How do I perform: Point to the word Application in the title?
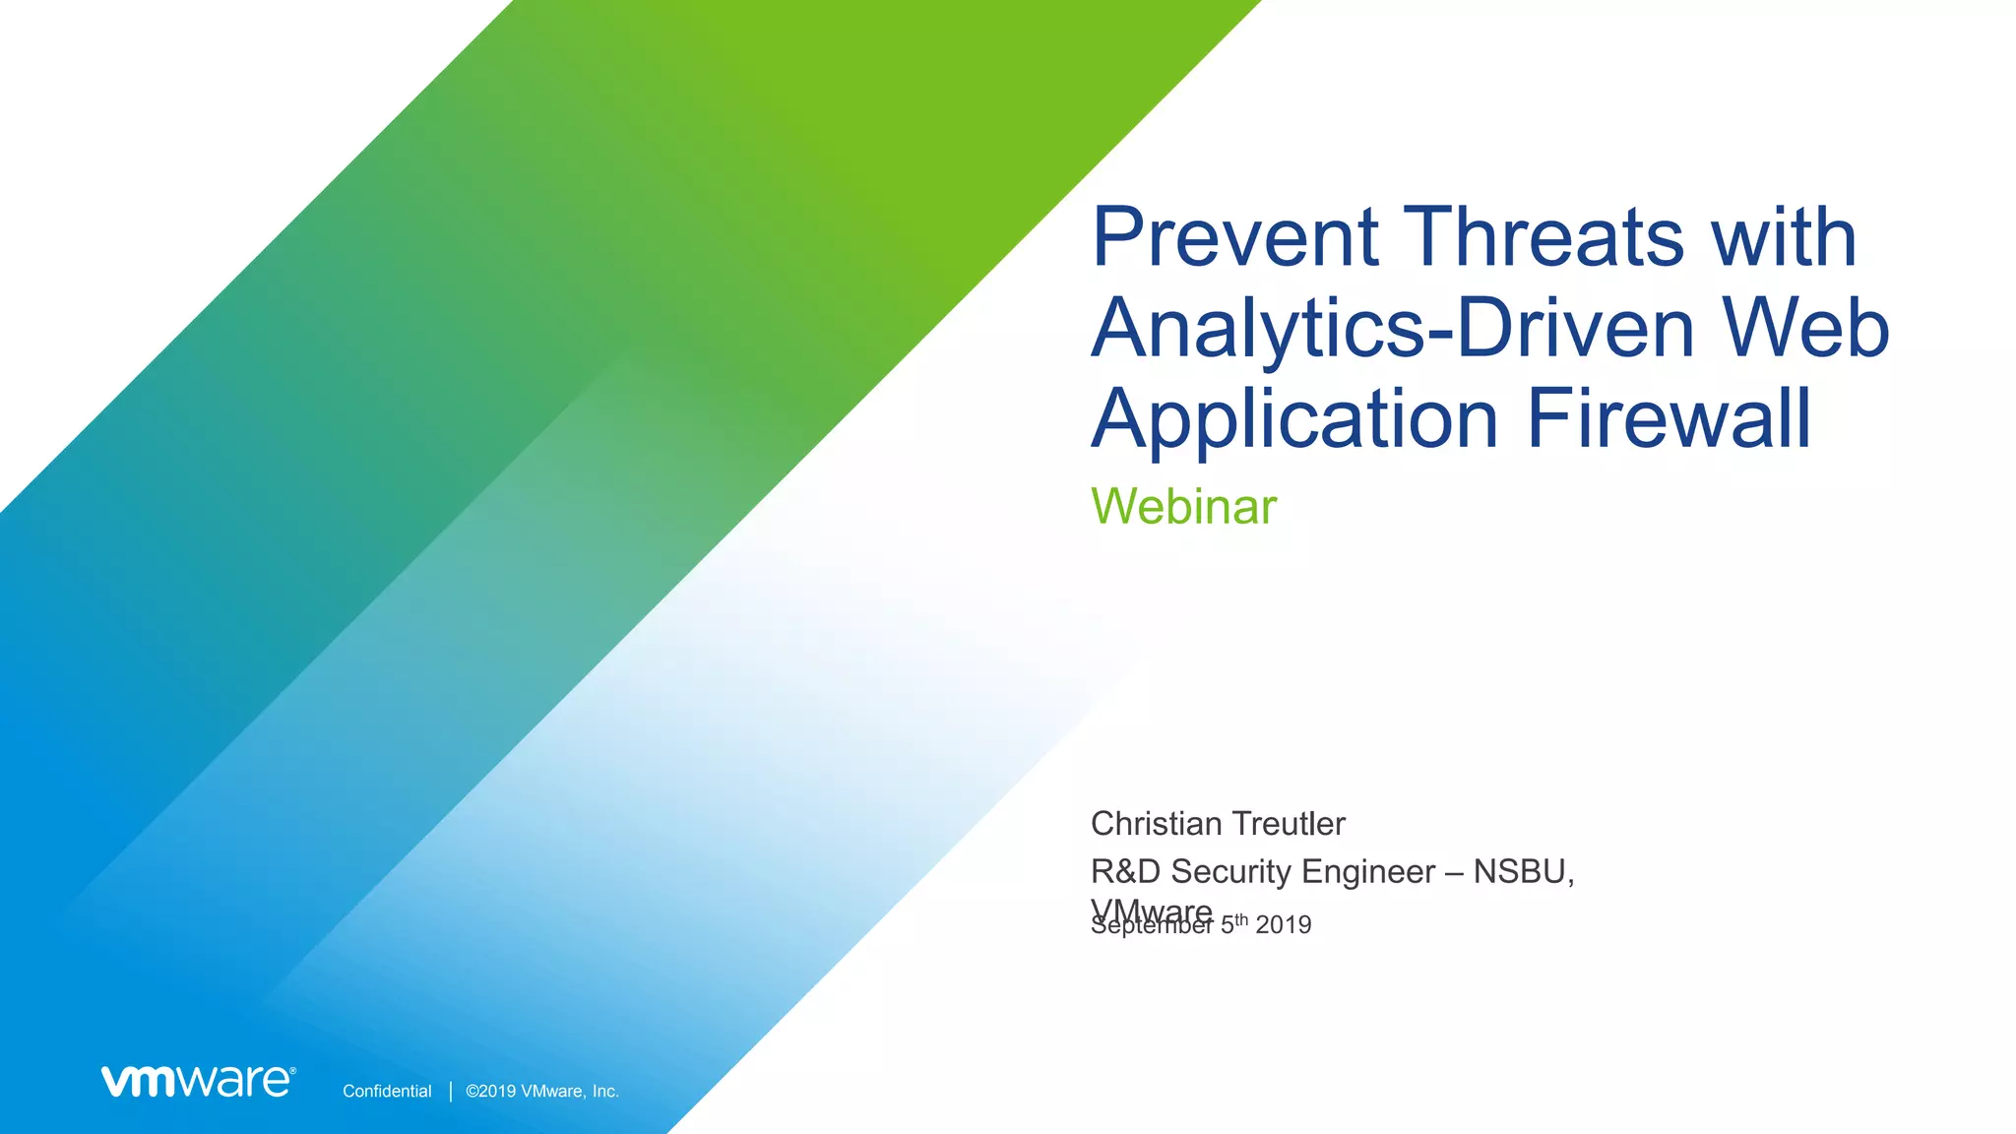click(1295, 419)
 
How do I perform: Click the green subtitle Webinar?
click(1183, 507)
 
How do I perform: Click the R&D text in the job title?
click(1126, 871)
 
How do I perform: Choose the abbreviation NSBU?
click(1523, 871)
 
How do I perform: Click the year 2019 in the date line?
click(1284, 925)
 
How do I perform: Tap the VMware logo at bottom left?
click(198, 1080)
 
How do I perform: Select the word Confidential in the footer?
click(387, 1091)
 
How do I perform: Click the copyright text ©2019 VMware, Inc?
click(542, 1091)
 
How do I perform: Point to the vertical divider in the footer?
click(451, 1091)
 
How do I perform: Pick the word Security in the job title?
click(1231, 873)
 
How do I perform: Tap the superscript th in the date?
click(1241, 919)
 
